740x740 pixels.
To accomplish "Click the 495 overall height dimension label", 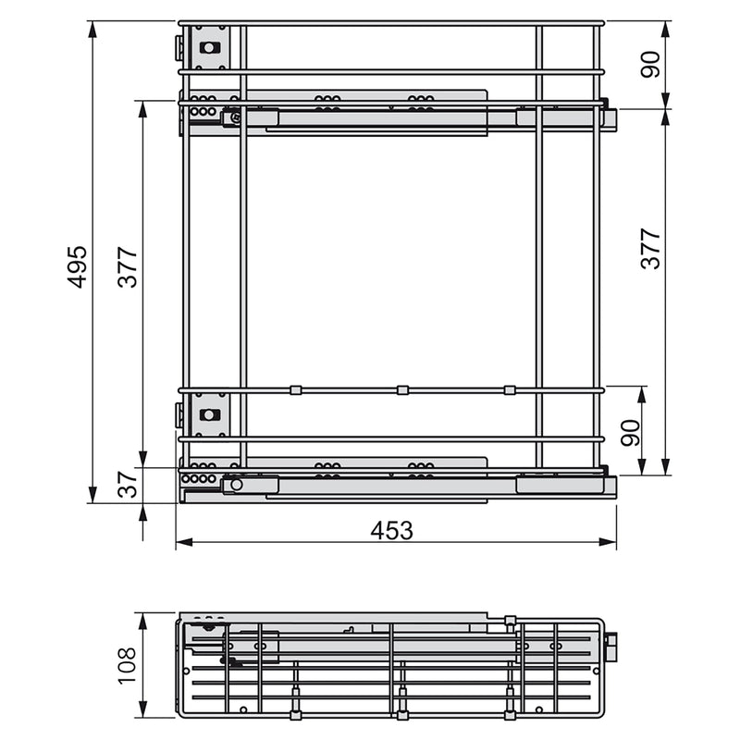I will [79, 265].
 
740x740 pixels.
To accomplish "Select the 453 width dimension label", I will [391, 530].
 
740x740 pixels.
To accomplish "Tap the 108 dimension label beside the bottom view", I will [128, 664].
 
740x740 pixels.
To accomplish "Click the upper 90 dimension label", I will [652, 64].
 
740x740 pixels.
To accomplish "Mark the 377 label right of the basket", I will [652, 248].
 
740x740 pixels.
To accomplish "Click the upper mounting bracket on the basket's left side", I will [210, 48].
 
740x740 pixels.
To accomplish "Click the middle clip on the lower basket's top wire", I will [402, 389].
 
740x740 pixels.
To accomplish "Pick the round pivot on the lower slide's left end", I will [237, 484].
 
